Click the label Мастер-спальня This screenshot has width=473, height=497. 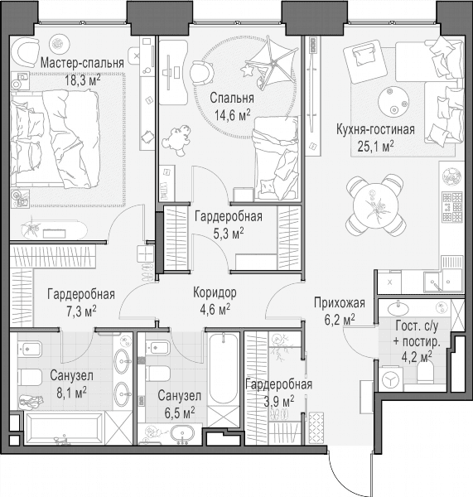[82, 64]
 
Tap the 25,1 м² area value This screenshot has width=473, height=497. [376, 147]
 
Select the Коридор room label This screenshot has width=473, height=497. [215, 293]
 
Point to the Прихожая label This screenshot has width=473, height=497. [340, 303]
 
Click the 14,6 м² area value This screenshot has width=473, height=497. [233, 115]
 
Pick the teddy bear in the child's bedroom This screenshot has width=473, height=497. [177, 140]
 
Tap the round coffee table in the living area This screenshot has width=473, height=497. [393, 102]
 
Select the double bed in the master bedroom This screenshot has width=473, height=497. [55, 139]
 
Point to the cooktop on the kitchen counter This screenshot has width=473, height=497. [453, 207]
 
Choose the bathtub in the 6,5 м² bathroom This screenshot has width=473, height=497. [223, 369]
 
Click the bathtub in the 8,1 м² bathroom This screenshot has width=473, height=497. [64, 428]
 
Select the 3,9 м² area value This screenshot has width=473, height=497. [279, 401]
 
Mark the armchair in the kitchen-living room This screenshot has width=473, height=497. [365, 60]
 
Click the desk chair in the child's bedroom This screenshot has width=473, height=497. [202, 73]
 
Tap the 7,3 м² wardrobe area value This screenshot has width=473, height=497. [81, 311]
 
